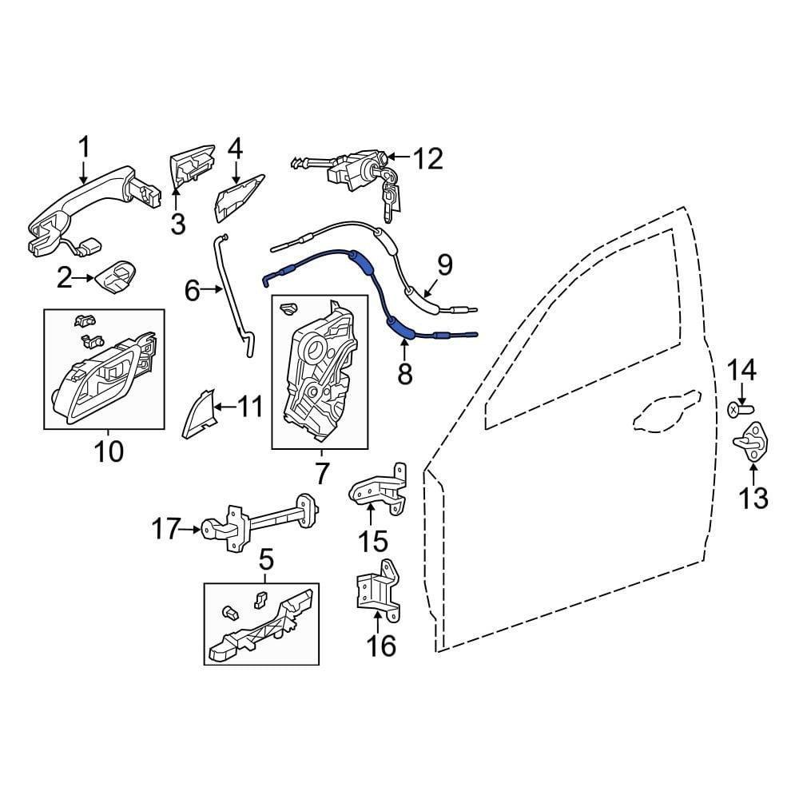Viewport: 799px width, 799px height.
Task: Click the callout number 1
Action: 84,147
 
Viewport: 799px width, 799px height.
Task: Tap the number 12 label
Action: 427,159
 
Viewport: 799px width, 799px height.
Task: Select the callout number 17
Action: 167,528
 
